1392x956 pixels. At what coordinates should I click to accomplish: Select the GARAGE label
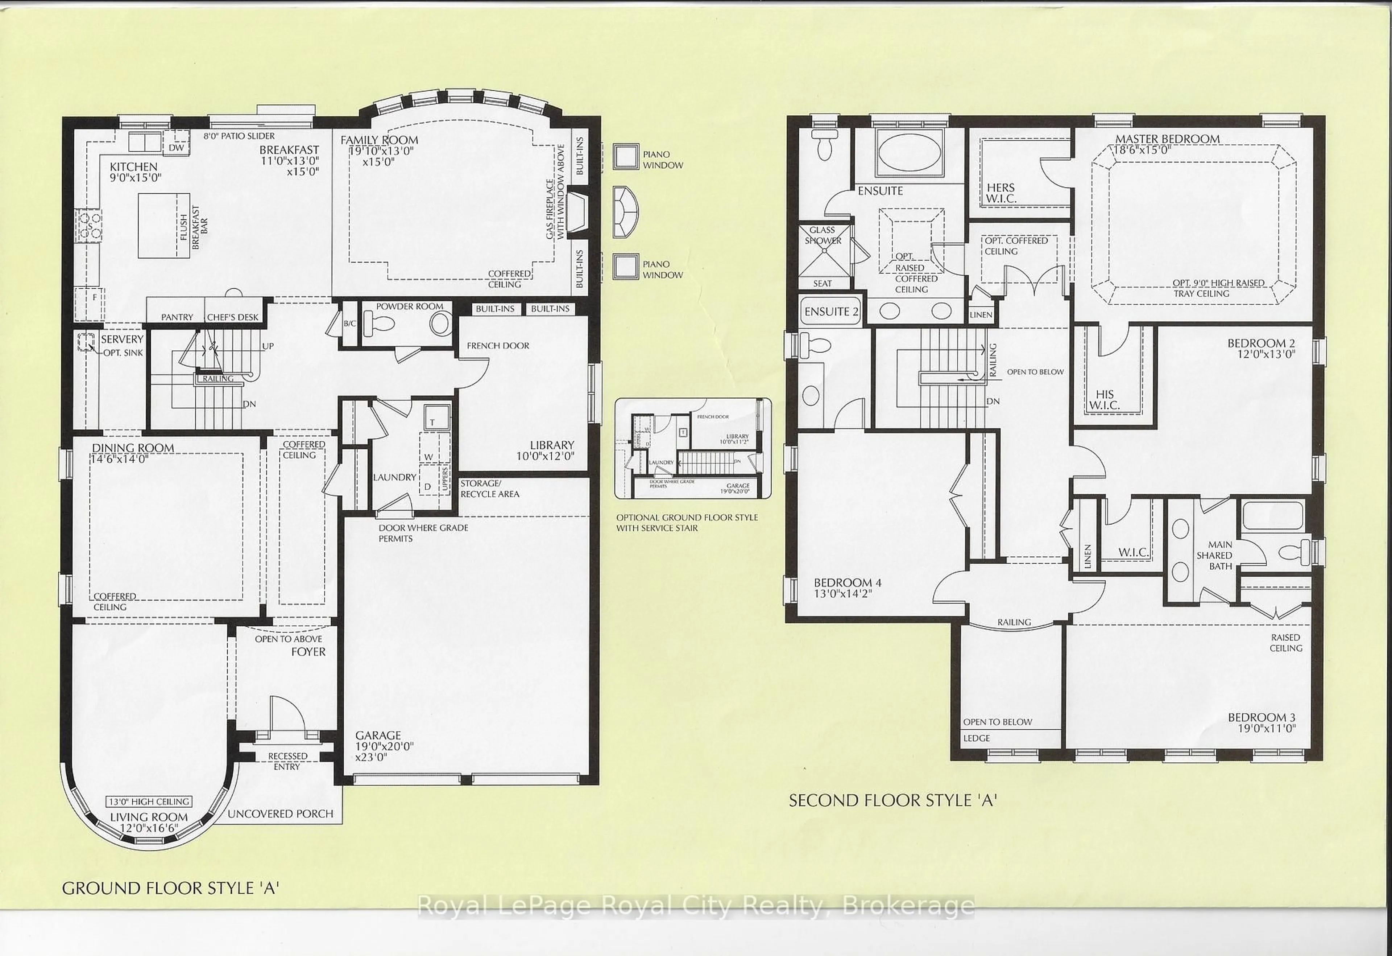tap(378, 735)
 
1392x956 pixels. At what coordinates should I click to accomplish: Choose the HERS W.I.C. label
tap(1001, 193)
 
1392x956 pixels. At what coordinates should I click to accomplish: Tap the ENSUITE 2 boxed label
tap(831, 312)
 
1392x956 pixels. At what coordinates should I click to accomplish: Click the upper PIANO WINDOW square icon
tap(626, 157)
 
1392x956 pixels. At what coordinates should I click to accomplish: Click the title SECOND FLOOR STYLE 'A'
tap(892, 801)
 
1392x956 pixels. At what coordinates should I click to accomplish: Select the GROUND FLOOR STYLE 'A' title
tap(171, 888)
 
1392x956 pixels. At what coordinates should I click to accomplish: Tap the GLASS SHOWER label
tap(823, 235)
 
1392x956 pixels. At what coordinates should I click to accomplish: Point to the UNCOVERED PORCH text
tap(280, 814)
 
